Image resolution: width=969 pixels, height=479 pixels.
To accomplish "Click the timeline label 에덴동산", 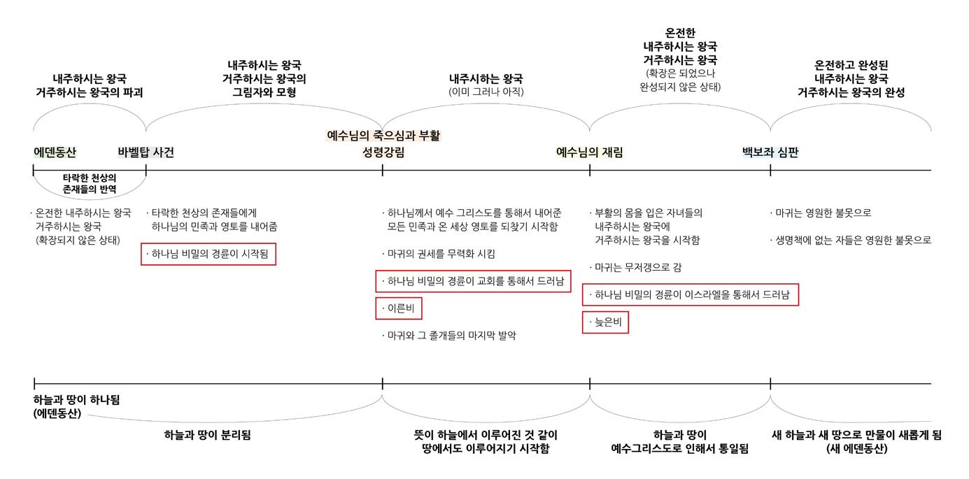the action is coord(55,152).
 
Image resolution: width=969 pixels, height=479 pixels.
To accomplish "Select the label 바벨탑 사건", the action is coord(146,152).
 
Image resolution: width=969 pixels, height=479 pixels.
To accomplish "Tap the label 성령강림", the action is coord(383,152).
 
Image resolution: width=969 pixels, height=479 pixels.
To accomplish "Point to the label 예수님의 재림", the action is coord(589,152).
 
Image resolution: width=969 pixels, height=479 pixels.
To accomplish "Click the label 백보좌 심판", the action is coord(770,152).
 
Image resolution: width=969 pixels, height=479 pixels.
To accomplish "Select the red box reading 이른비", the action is coord(399,308).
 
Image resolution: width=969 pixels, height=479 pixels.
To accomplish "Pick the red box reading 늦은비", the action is coord(605,322).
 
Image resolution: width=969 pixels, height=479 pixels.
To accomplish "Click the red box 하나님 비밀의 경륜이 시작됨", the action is coord(208,255).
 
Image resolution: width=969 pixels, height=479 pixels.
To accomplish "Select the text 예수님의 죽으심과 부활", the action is coord(383,136).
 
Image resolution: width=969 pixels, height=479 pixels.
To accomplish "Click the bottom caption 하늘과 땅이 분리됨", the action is coord(207,435).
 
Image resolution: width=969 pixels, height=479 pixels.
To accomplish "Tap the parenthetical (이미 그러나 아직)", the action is coord(486,92).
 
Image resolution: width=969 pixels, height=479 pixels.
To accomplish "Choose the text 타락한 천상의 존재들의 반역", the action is coord(90,183).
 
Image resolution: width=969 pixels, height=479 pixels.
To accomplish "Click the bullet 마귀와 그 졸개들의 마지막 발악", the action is coord(451,336).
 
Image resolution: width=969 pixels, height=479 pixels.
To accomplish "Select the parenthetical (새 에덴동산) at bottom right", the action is coord(856,449).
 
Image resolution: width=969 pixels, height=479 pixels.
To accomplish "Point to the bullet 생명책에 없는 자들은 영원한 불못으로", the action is coord(851,240).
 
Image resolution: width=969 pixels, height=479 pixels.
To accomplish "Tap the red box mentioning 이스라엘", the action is coord(691,295).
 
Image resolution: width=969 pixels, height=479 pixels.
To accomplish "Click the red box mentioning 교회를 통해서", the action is coord(474,281).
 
